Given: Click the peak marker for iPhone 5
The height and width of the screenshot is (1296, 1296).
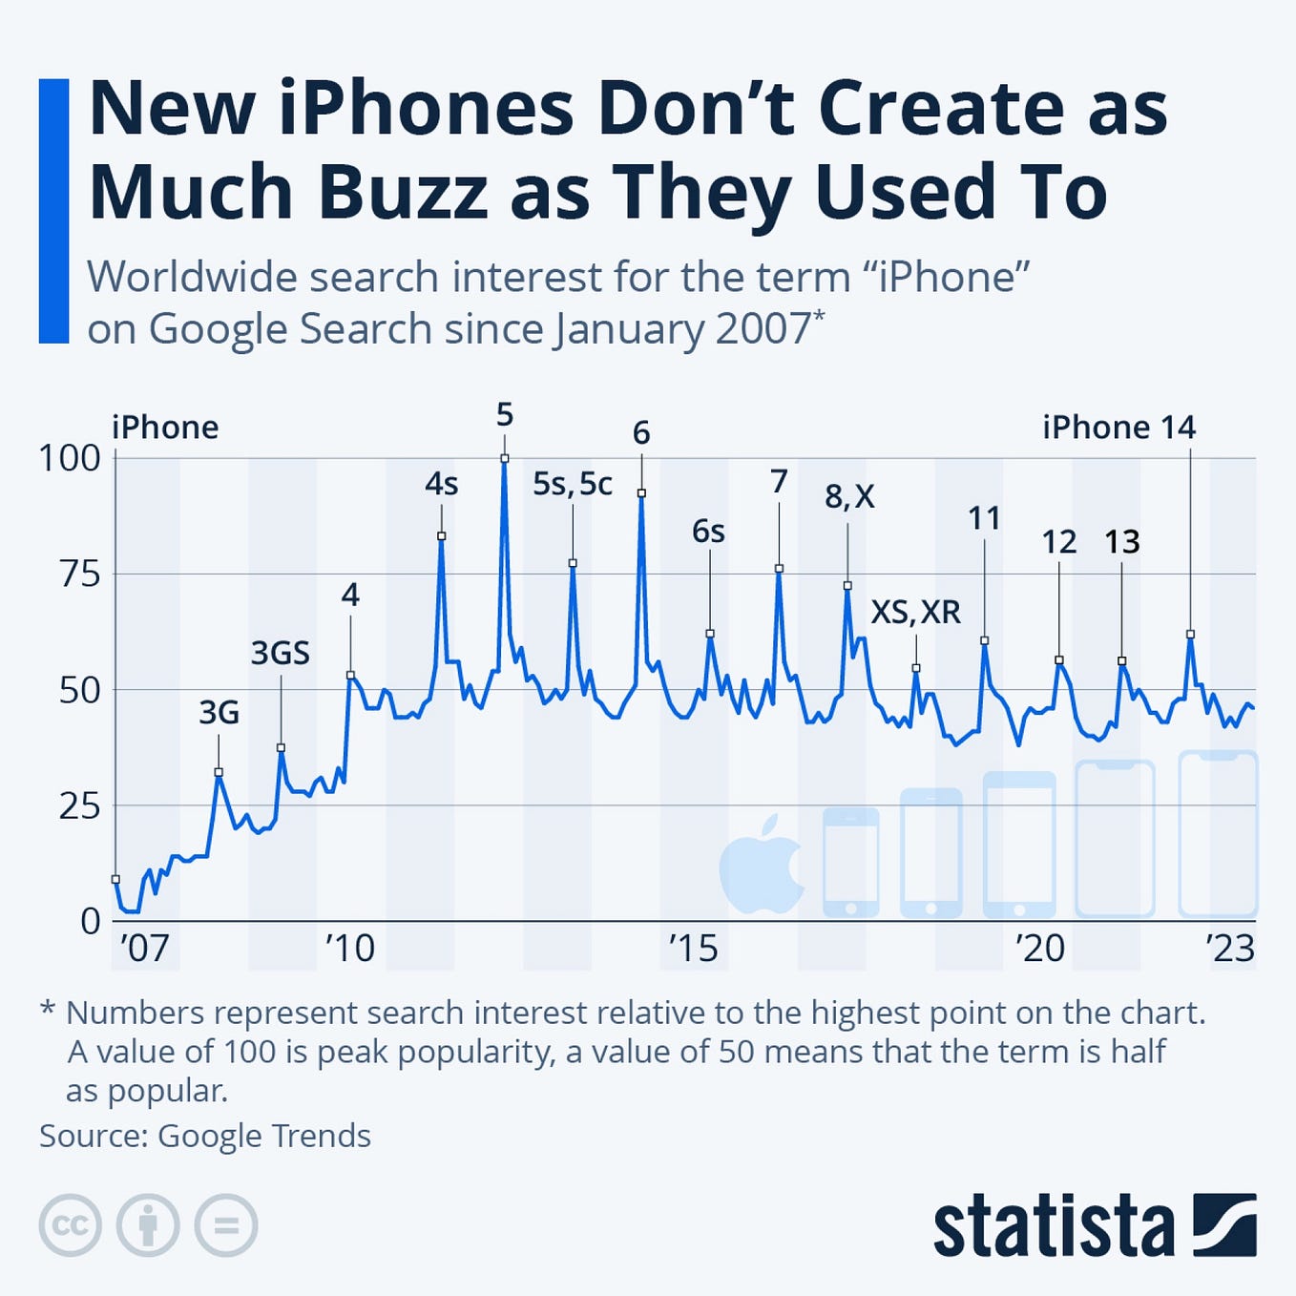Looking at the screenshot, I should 505,459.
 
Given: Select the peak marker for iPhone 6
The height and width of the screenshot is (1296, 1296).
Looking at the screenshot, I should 641,493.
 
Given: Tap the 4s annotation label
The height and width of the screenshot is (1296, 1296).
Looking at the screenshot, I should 441,484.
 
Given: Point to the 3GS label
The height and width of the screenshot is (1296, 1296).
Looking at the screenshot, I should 281,653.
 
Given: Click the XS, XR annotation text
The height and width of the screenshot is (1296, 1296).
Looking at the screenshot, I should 915,611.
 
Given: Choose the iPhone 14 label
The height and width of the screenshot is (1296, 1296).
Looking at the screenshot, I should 1118,427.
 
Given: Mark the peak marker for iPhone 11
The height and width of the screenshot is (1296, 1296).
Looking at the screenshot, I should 985,640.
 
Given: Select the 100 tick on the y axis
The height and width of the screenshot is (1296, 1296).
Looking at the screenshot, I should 69,458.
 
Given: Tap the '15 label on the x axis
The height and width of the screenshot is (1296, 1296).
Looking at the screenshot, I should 692,949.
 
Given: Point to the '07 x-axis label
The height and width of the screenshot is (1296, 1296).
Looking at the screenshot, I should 144,949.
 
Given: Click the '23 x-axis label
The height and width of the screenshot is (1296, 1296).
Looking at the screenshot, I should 1229,949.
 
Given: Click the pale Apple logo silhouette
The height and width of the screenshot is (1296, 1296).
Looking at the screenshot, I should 761,864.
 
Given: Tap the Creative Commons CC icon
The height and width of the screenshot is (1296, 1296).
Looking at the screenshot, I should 70,1224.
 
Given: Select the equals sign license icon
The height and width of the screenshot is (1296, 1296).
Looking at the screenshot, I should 226,1224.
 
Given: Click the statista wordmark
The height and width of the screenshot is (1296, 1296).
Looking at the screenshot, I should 1053,1224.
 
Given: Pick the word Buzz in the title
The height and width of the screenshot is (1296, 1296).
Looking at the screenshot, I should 403,191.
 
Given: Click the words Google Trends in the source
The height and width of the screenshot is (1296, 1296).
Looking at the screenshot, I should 263,1136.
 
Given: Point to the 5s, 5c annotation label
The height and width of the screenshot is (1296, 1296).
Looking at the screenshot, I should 572,484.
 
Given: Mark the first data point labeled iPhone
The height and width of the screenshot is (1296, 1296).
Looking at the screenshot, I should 115,879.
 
